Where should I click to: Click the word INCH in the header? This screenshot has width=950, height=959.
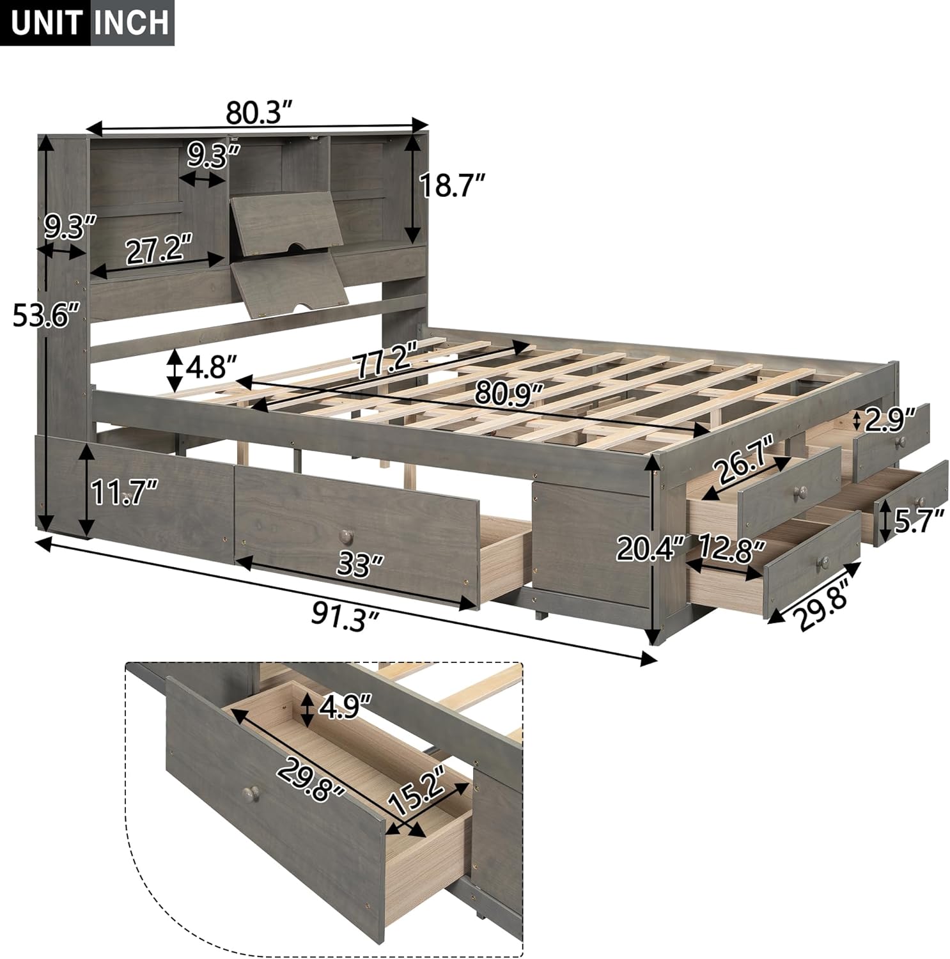(x=132, y=23)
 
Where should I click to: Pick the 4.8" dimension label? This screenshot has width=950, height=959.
(x=210, y=370)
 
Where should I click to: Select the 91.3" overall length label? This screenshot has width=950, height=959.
(x=346, y=616)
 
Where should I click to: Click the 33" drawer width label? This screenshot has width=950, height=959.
(x=354, y=565)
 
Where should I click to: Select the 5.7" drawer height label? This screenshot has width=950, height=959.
(x=917, y=520)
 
